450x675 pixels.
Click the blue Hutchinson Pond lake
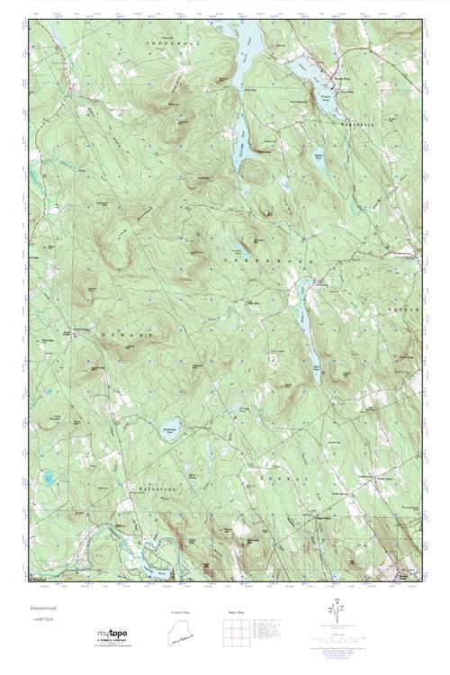click(167, 428)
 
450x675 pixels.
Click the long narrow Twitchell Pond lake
click(240, 135)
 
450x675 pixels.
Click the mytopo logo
click(112, 635)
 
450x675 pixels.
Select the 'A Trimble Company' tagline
click(112, 643)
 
